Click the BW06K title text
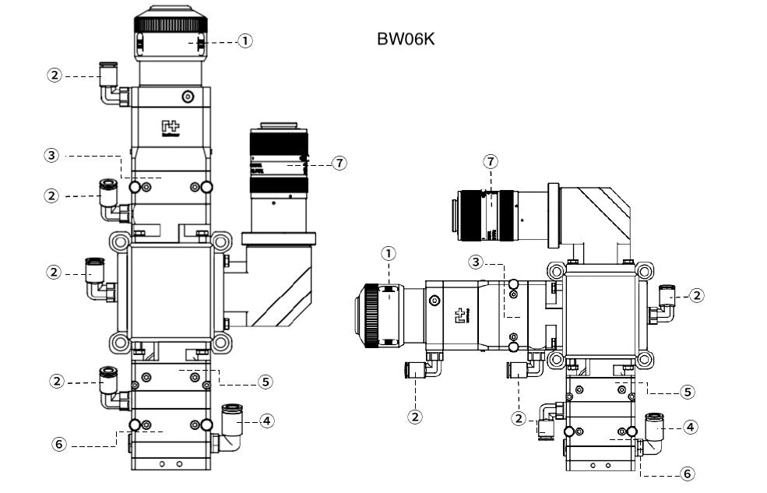tap(405, 39)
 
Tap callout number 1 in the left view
tap(245, 40)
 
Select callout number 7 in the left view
tap(338, 163)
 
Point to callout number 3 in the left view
tap(51, 155)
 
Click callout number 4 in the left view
tap(267, 421)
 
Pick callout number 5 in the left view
tap(266, 382)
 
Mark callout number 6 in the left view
tap(58, 444)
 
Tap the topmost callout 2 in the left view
tap(54, 76)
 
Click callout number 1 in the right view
tap(389, 252)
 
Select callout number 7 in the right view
tap(490, 161)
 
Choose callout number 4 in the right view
tap(689, 427)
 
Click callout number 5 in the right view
tap(687, 392)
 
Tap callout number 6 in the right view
tap(687, 473)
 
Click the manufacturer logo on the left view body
tap(170, 128)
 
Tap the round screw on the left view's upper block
tap(187, 97)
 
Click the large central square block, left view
tap(170, 291)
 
